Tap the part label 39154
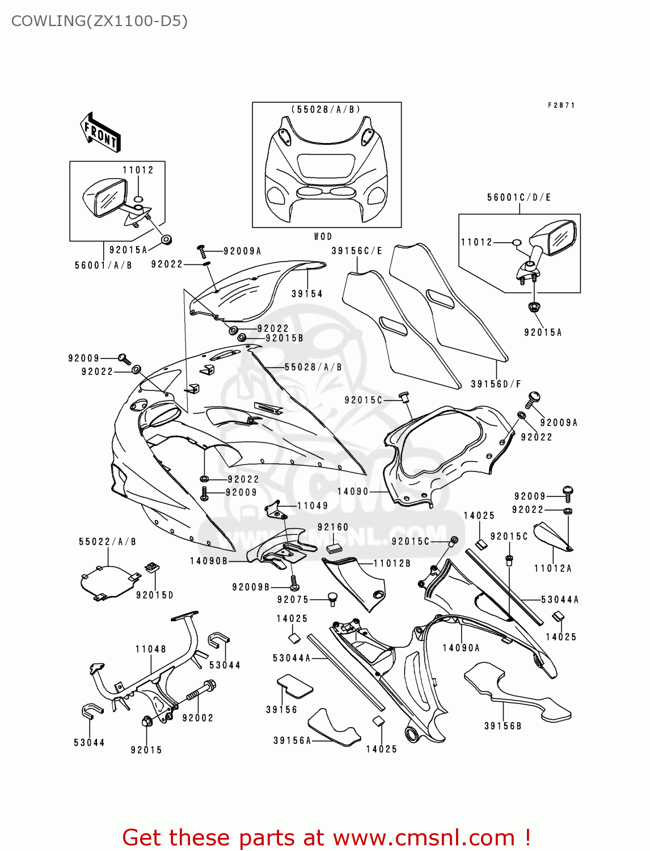coord(307,294)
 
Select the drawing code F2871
coord(561,106)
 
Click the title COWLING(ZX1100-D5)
coord(99,21)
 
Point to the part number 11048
coord(150,649)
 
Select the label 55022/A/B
coord(107,542)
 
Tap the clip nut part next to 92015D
coord(152,567)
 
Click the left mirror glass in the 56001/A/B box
coord(111,197)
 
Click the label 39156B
coord(503,726)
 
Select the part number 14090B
coord(208,561)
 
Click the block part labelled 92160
coord(333,547)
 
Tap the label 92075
coord(293,600)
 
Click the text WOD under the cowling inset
coord(323,237)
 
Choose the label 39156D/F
coord(496,384)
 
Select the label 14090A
coord(461,648)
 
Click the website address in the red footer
coord(423,837)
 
